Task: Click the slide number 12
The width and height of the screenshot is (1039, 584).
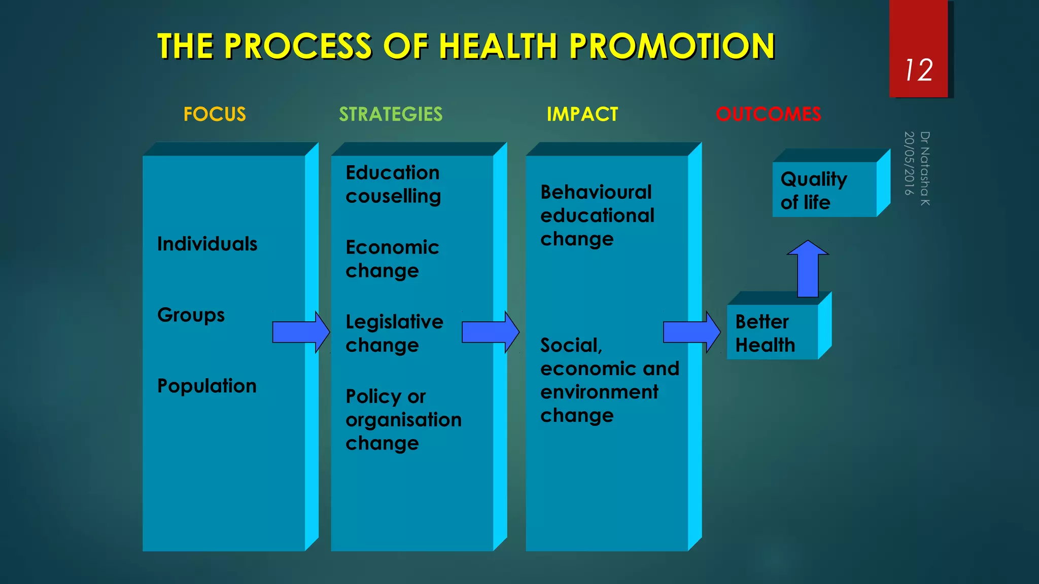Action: (919, 70)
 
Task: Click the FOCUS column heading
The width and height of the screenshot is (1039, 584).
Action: (215, 114)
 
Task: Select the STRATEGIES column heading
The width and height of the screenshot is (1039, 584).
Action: (391, 114)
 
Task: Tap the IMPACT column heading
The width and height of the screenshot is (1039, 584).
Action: (582, 114)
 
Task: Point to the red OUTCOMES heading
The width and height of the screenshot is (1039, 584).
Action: (768, 114)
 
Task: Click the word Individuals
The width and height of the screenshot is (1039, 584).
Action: (207, 244)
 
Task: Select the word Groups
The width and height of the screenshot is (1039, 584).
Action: (191, 315)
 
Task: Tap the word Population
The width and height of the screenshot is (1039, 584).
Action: (207, 386)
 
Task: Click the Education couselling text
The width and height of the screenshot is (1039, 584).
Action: (393, 184)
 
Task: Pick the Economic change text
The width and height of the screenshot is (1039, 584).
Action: (392, 259)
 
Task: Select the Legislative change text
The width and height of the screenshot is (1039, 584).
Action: (394, 333)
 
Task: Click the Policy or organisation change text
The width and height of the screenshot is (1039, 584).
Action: (403, 419)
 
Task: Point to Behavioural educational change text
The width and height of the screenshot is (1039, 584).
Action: (597, 215)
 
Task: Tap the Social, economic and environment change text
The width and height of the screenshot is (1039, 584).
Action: (609, 380)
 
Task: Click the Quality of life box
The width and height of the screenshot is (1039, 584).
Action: (824, 190)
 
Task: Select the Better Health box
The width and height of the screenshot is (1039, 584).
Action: (772, 333)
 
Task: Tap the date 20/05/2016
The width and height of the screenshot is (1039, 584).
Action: (909, 163)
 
